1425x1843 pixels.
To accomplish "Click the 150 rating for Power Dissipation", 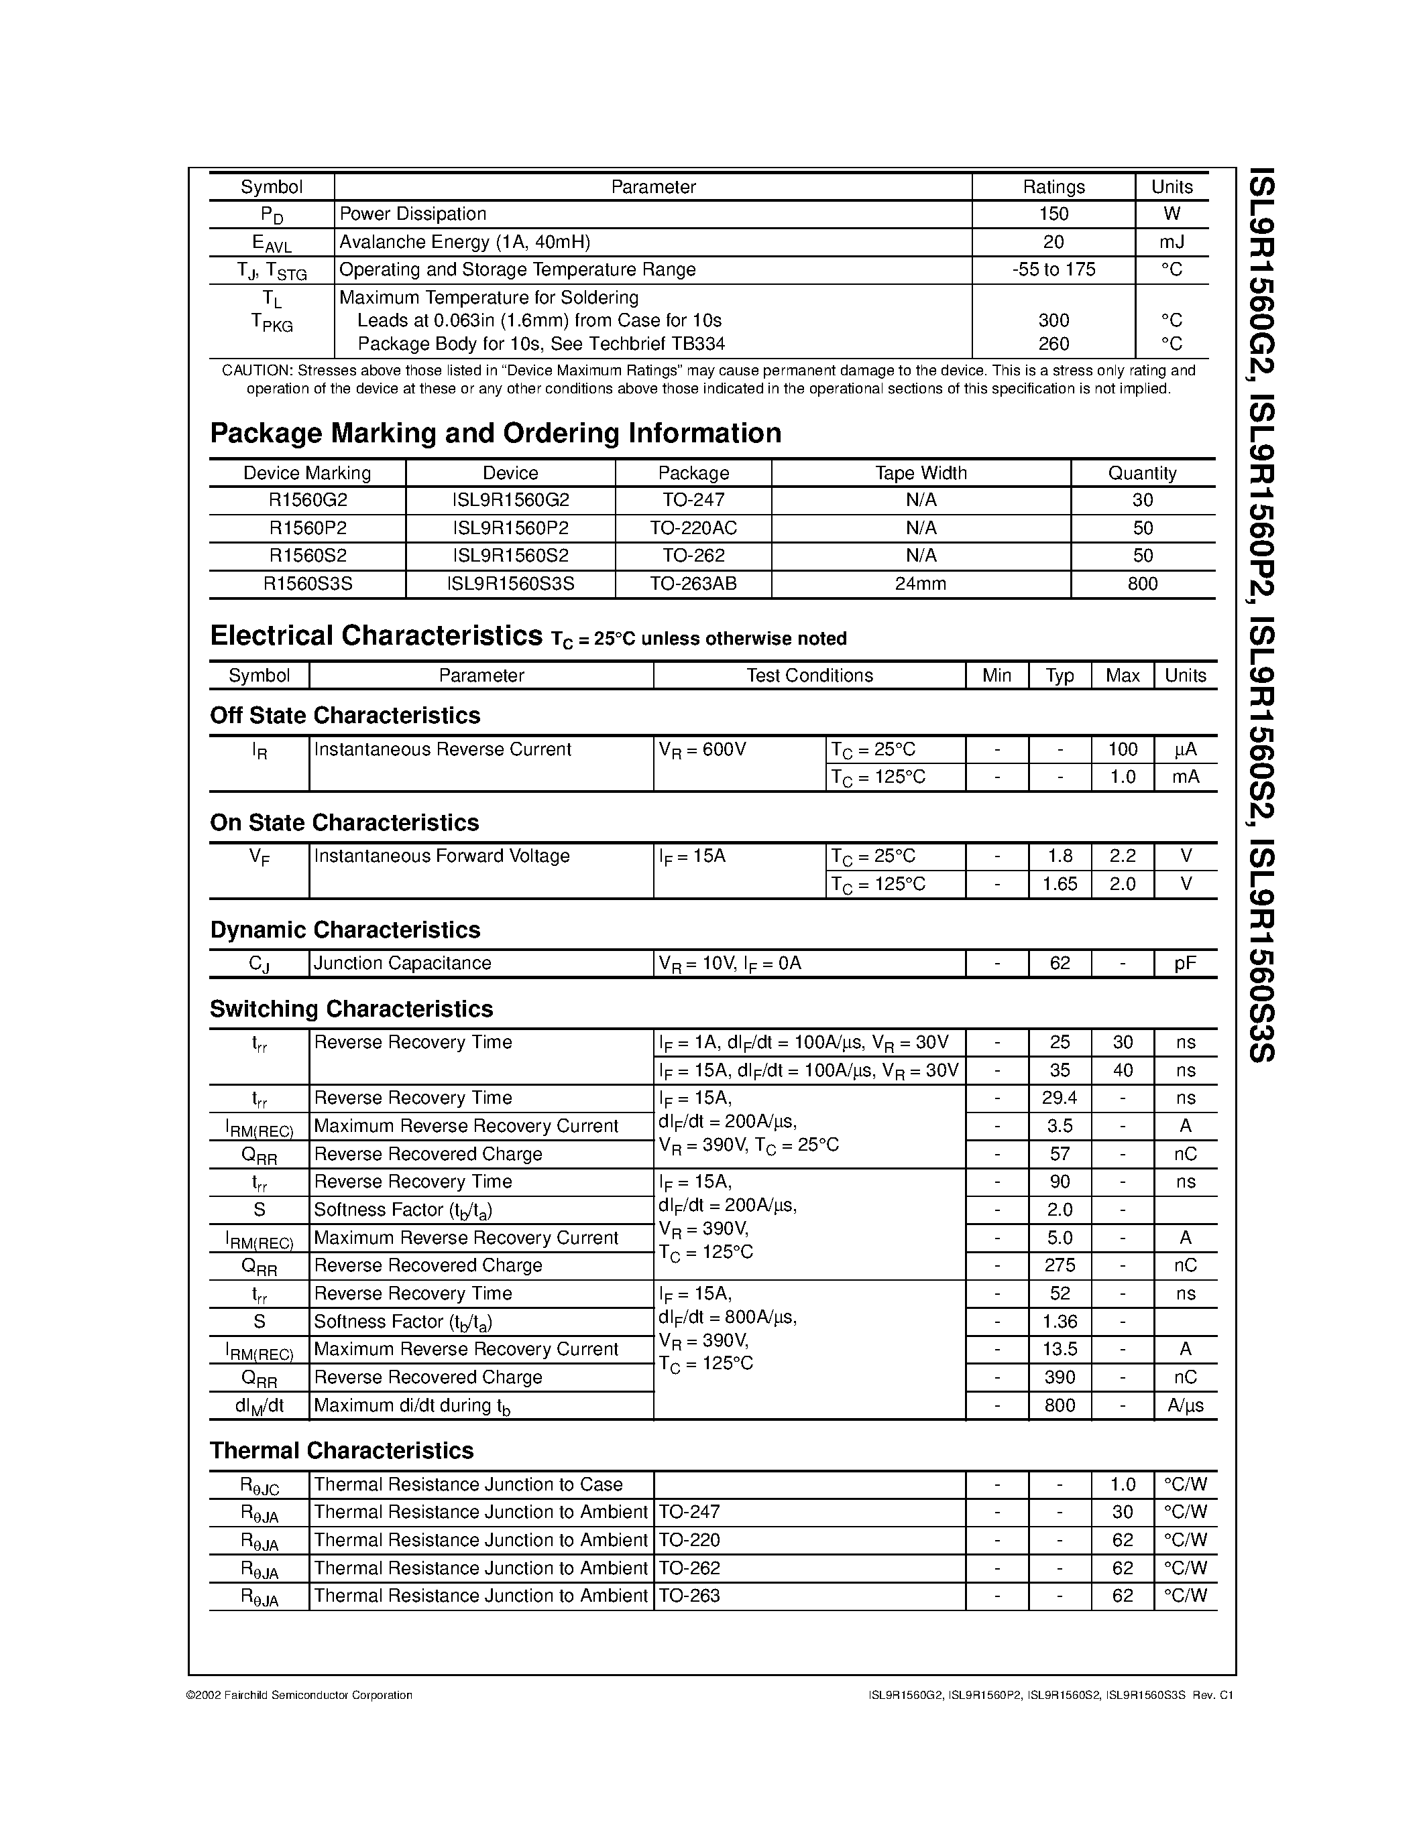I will (x=1053, y=214).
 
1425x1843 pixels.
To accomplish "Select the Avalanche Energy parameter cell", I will (x=464, y=242).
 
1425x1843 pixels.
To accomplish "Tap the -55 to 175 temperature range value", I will (x=1053, y=269).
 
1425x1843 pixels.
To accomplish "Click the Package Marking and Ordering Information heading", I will (x=496, y=433).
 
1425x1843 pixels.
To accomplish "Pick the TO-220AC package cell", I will (x=693, y=528).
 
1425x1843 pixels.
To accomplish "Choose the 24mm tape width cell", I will (x=920, y=584).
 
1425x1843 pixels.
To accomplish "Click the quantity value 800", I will (x=1142, y=584).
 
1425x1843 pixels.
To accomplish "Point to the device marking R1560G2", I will (x=307, y=501).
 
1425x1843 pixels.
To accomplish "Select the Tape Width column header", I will (x=920, y=473).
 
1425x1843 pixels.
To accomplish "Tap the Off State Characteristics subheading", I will (x=345, y=716).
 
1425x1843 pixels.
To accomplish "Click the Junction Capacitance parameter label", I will (x=402, y=964).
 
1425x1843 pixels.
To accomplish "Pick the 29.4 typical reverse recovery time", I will (x=1060, y=1098).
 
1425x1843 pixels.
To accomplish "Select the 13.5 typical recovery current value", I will (x=1060, y=1349).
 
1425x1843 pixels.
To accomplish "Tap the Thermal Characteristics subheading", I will (x=341, y=1450).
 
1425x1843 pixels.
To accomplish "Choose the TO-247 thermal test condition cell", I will (x=689, y=1512).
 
